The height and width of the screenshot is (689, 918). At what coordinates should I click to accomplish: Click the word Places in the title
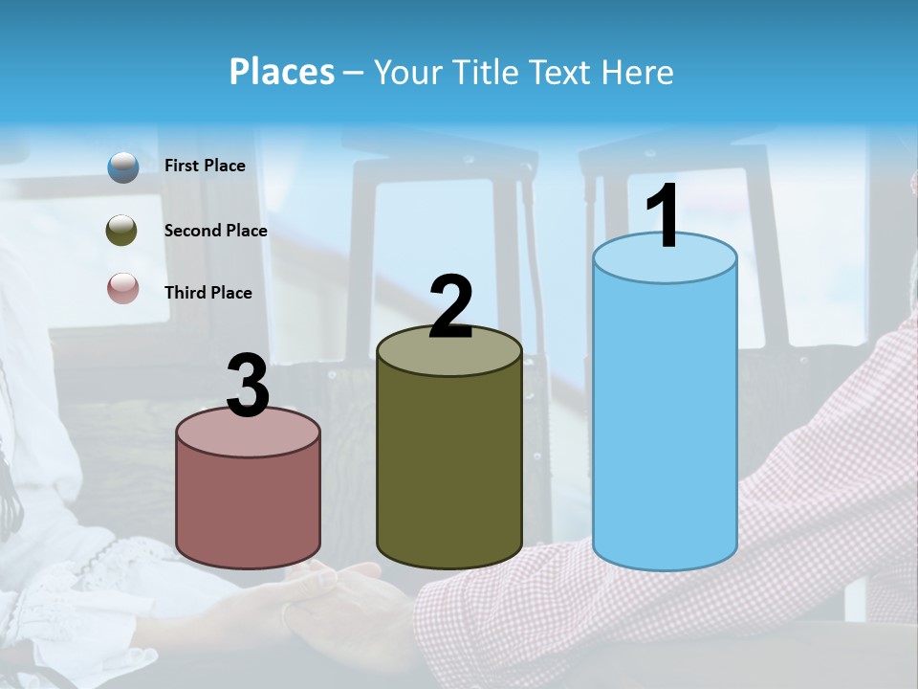pyautogui.click(x=281, y=72)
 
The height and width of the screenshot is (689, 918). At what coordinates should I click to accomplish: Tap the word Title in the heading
pyautogui.click(x=481, y=72)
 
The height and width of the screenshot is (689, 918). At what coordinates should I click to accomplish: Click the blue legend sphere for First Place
pyautogui.click(x=123, y=167)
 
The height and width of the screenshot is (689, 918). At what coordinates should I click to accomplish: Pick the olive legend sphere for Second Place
pyautogui.click(x=122, y=231)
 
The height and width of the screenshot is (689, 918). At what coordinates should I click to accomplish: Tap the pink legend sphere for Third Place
pyautogui.click(x=122, y=288)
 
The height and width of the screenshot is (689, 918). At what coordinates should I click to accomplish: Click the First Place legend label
pyautogui.click(x=205, y=166)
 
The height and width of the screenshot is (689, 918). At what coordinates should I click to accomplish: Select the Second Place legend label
pyautogui.click(x=215, y=231)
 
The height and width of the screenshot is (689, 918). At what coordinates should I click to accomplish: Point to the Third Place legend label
pyautogui.click(x=208, y=293)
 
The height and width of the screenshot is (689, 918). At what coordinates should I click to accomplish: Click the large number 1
pyautogui.click(x=664, y=217)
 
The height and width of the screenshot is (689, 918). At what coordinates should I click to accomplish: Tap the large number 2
pyautogui.click(x=451, y=307)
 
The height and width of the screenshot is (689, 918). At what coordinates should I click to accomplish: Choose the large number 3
pyautogui.click(x=249, y=387)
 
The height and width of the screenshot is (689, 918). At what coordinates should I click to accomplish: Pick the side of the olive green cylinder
pyautogui.click(x=449, y=469)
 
